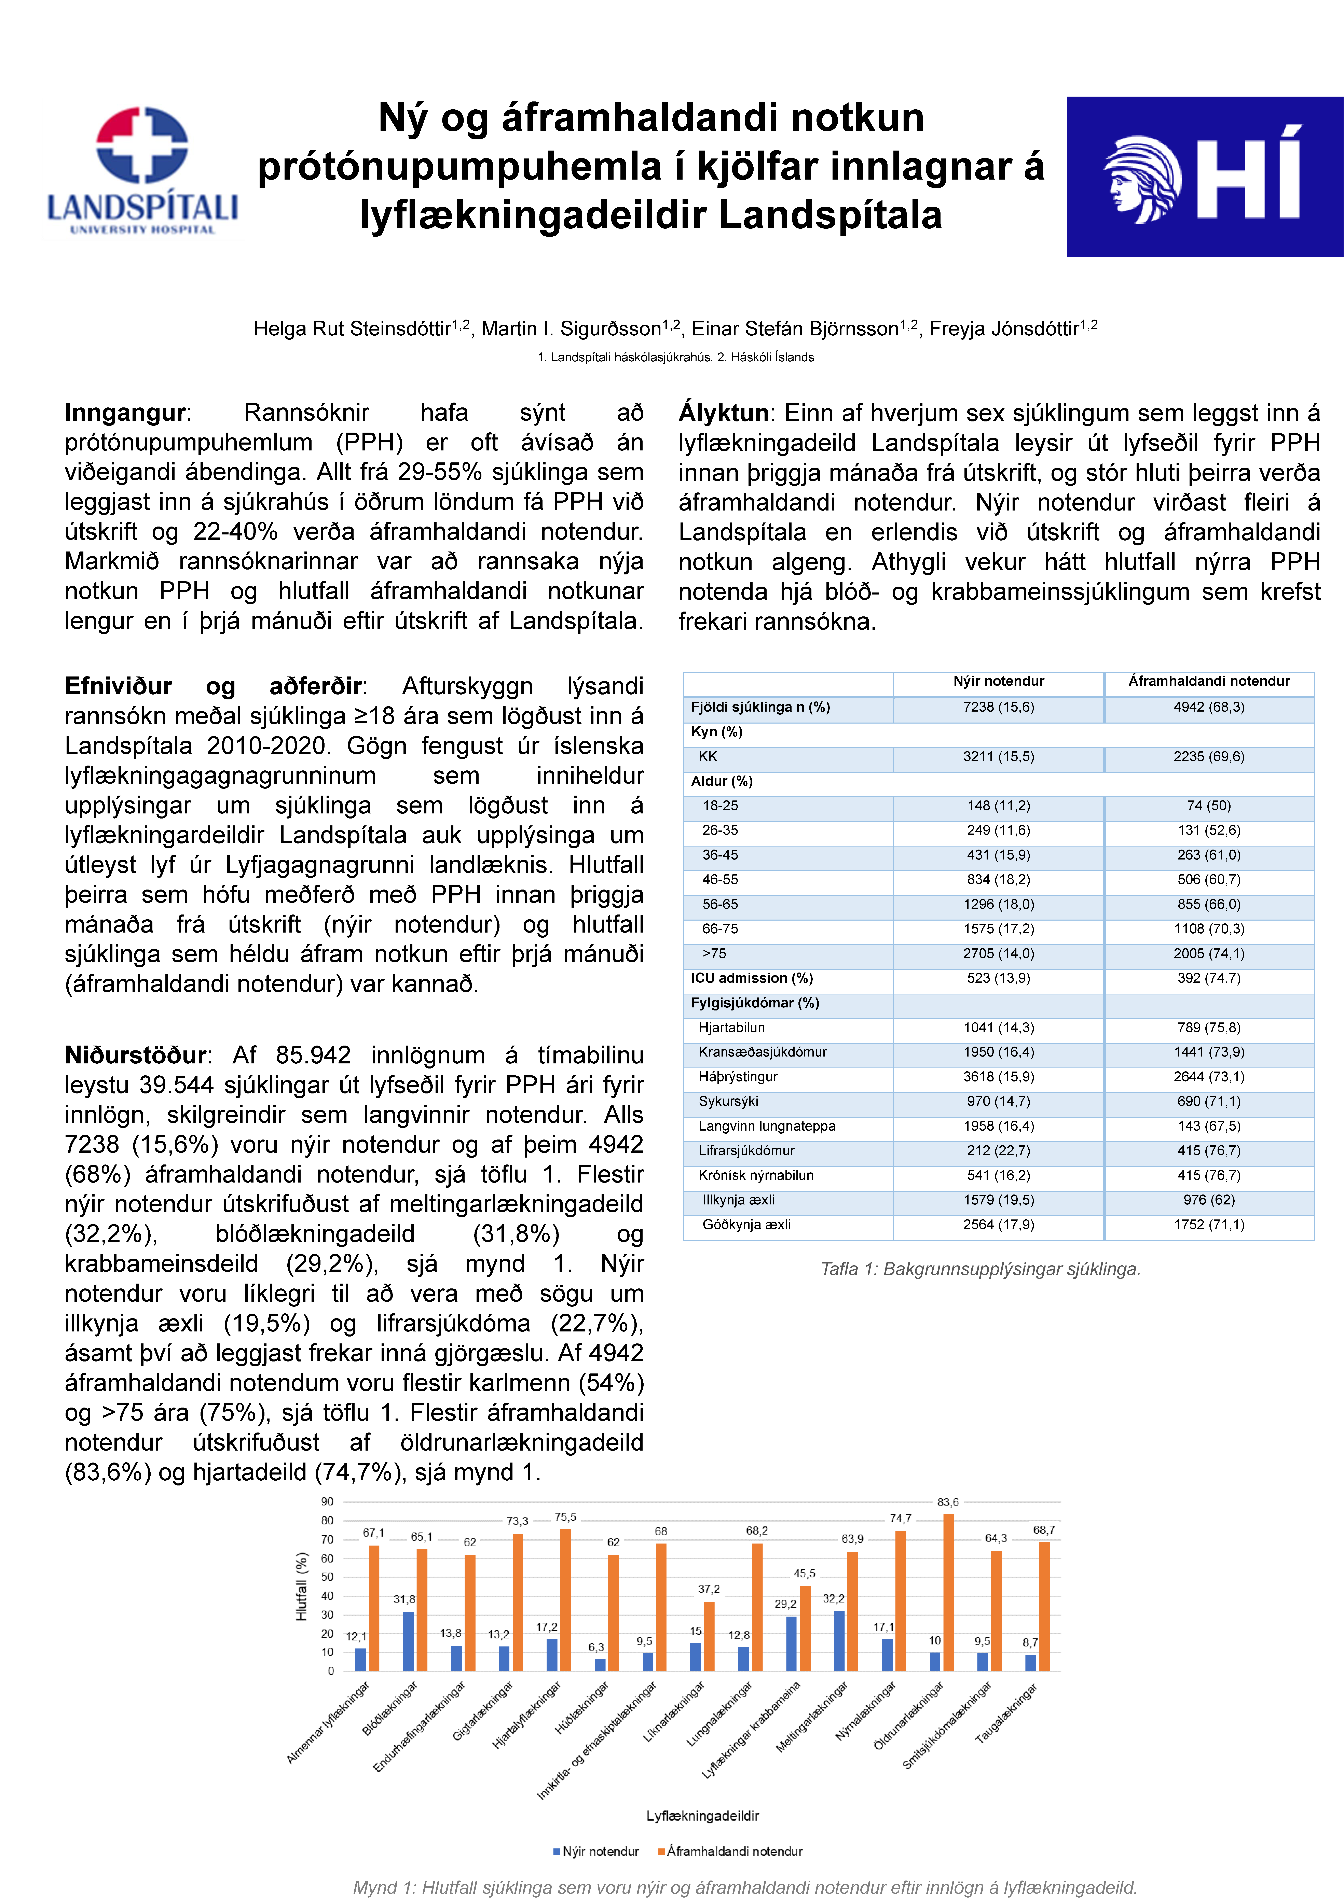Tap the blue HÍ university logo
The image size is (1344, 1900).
tap(1204, 176)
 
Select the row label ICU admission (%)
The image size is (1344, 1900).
tap(751, 978)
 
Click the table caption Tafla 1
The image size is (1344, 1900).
tap(980, 1269)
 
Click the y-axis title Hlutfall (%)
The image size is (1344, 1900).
tap(302, 1585)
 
